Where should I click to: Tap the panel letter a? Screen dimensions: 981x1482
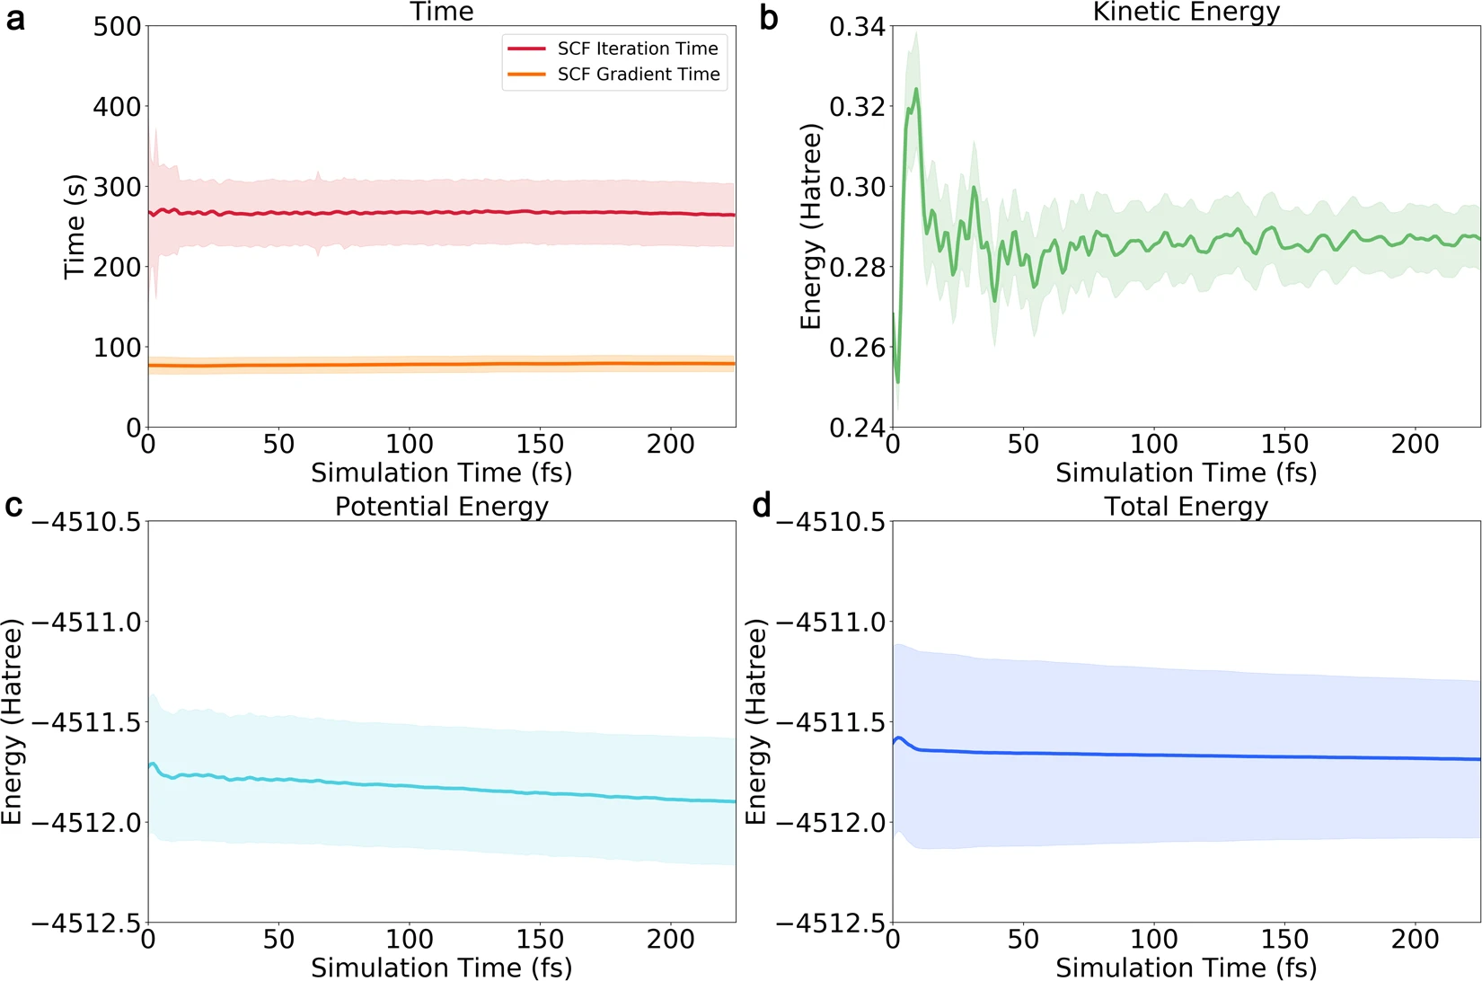pyautogui.click(x=15, y=19)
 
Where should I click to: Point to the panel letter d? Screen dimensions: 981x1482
pyautogui.click(x=762, y=506)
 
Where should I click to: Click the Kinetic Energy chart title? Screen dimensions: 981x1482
pyautogui.click(x=1186, y=12)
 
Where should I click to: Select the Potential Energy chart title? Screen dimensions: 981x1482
pyautogui.click(x=441, y=507)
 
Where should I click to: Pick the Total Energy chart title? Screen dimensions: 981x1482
pyautogui.click(x=1186, y=507)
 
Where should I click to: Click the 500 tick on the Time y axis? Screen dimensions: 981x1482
pyautogui.click(x=118, y=27)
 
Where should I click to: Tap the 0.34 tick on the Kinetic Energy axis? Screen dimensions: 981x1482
pyautogui.click(x=857, y=27)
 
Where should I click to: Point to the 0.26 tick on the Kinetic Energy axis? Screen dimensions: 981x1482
pyautogui.click(x=857, y=348)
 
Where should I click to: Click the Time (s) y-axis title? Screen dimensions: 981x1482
pyautogui.click(x=75, y=226)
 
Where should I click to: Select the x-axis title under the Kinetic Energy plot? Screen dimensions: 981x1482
pyautogui.click(x=1186, y=473)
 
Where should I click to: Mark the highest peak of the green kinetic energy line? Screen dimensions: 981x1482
pyautogui.click(x=916, y=89)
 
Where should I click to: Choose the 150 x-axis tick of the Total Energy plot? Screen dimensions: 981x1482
pyautogui.click(x=1284, y=940)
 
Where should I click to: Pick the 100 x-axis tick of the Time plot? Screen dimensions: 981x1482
pyautogui.click(x=410, y=444)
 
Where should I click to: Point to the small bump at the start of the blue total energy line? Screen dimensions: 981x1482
pyautogui.click(x=899, y=738)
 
